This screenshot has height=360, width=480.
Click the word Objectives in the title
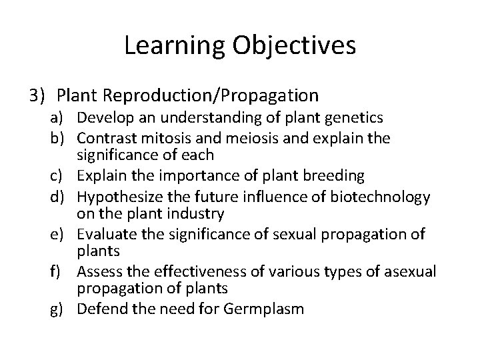click(x=294, y=46)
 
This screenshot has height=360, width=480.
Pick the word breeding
click(x=337, y=176)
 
